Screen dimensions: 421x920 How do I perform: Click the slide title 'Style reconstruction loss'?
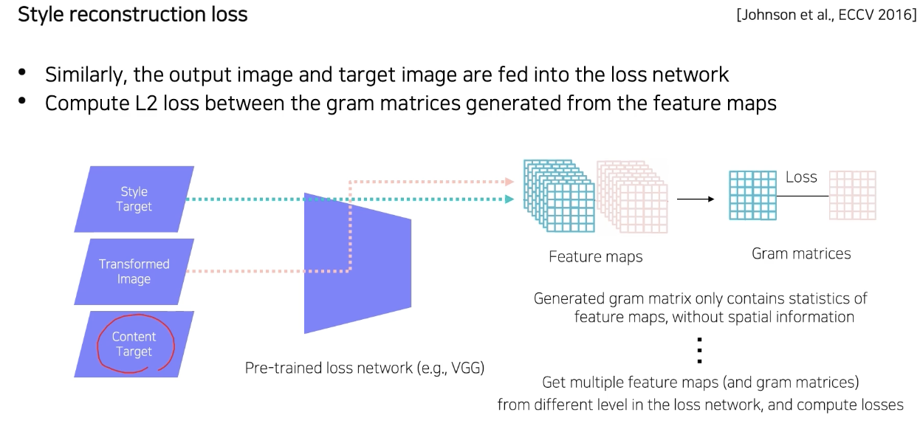(x=132, y=14)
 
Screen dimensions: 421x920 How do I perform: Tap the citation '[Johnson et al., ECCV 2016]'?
(x=825, y=15)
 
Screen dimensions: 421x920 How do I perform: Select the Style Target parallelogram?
(x=134, y=199)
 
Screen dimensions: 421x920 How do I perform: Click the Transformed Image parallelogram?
(x=134, y=271)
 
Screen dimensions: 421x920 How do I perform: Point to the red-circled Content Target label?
(x=134, y=344)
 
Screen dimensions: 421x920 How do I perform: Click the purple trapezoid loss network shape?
(x=357, y=262)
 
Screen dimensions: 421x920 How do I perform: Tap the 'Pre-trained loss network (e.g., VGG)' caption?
(x=364, y=368)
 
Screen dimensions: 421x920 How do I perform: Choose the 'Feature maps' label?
(x=595, y=257)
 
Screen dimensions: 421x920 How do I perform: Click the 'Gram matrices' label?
(x=801, y=254)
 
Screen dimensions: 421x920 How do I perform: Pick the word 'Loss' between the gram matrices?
(x=801, y=177)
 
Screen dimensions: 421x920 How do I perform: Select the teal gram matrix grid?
(x=752, y=195)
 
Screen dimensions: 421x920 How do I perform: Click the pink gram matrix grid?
(x=853, y=195)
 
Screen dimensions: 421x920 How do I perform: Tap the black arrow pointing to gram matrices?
(x=695, y=199)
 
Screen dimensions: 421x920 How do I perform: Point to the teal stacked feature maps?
(x=558, y=195)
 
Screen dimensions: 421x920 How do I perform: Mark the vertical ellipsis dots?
(x=698, y=350)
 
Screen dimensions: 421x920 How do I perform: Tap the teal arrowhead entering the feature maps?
(x=509, y=199)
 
